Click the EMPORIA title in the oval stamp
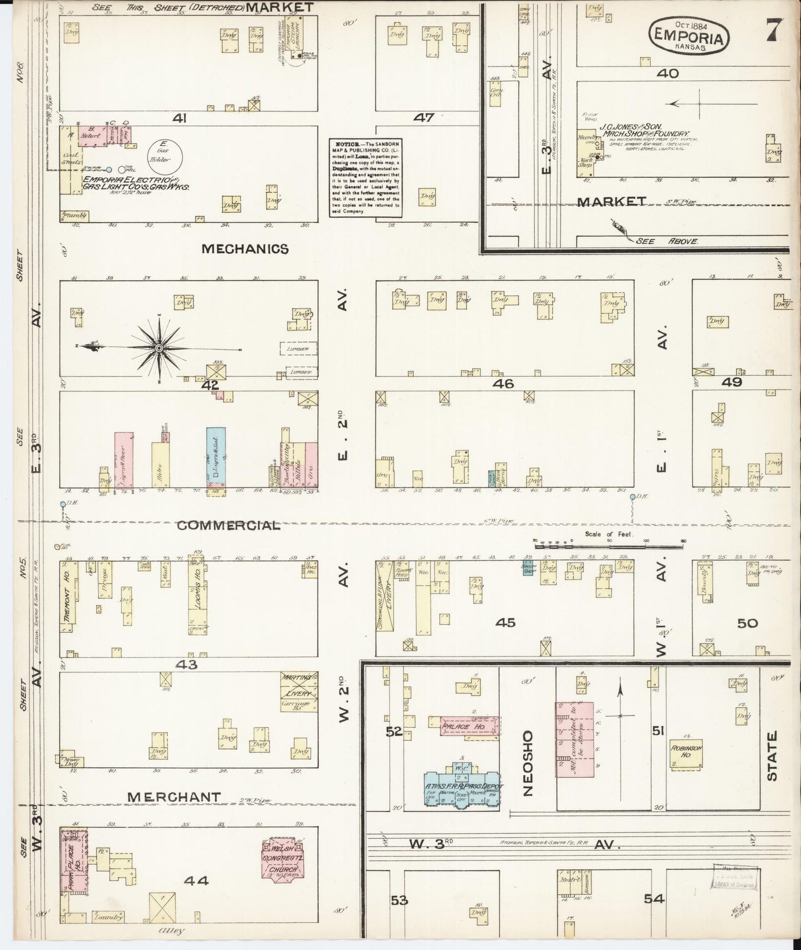[x=689, y=38]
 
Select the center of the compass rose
[x=159, y=348]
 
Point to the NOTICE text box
[x=365, y=177]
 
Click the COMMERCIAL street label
[x=228, y=525]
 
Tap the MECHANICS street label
[x=245, y=249]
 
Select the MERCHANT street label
[x=174, y=796]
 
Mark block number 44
[x=196, y=880]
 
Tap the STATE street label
[x=772, y=756]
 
